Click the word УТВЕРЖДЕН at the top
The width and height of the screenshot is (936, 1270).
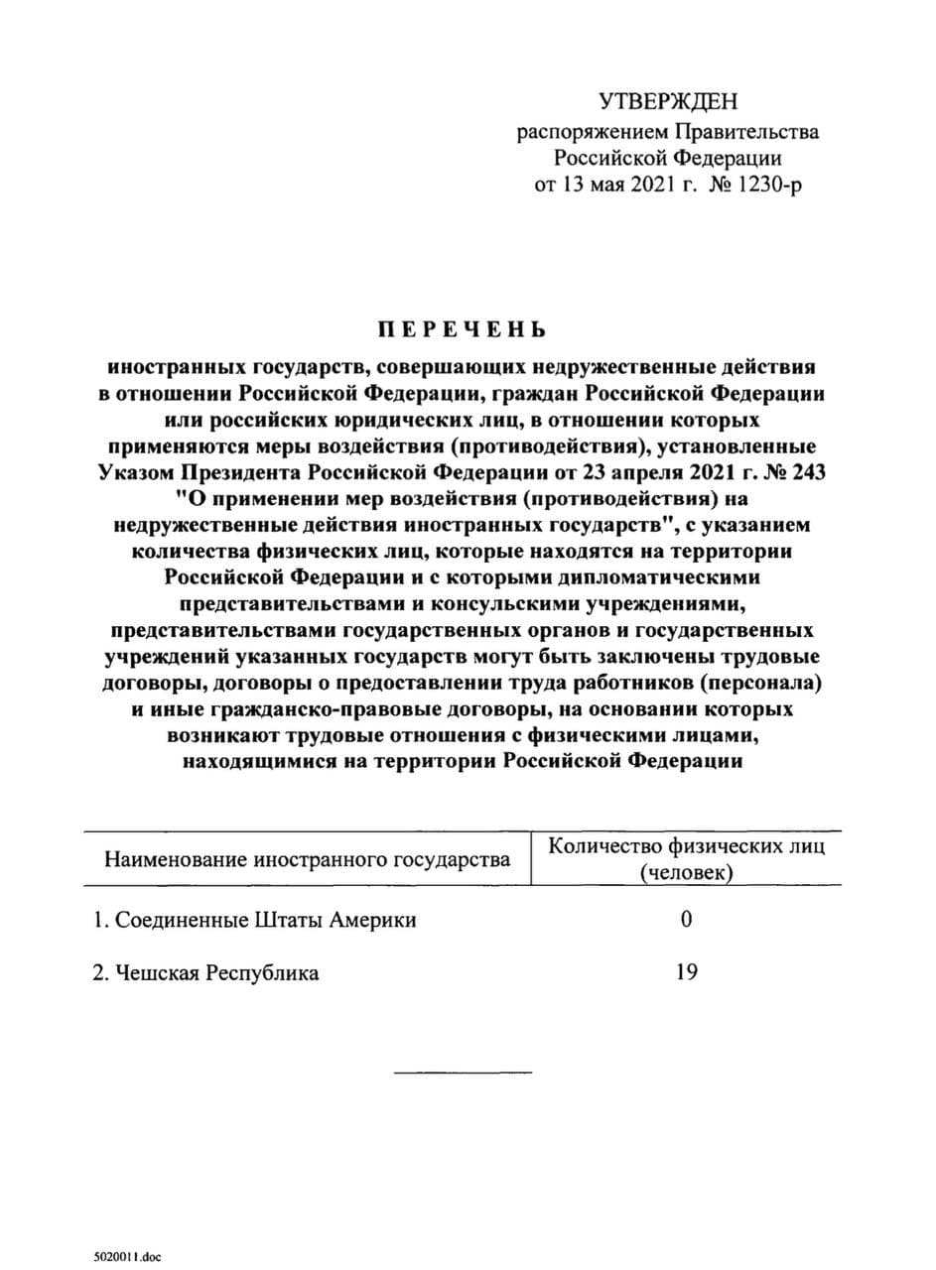pos(669,101)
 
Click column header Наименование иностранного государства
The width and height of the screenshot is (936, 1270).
pos(308,858)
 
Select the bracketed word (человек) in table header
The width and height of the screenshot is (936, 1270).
pos(687,872)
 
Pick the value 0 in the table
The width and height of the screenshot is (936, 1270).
pos(686,920)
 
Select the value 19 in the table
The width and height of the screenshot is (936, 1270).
pos(686,972)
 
